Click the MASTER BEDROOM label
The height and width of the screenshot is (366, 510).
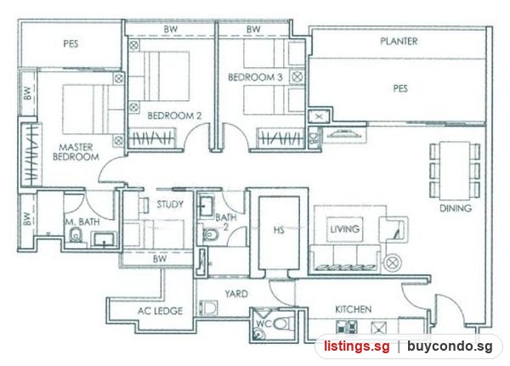click(x=76, y=152)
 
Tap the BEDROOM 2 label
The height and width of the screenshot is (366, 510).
click(x=174, y=115)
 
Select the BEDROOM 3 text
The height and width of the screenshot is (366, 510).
click(x=255, y=77)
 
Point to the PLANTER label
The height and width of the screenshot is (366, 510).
click(x=399, y=41)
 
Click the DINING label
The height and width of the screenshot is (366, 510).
click(x=456, y=208)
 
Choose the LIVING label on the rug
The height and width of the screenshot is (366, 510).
click(x=345, y=229)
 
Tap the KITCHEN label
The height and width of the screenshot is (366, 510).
click(x=354, y=309)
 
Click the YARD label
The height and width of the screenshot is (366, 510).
click(x=236, y=294)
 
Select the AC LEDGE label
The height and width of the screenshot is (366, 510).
click(x=160, y=311)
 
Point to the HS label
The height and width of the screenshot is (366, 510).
click(x=279, y=230)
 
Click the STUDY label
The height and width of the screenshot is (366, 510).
click(x=170, y=205)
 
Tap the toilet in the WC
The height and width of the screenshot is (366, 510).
click(x=282, y=324)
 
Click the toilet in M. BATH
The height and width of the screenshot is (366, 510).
click(x=76, y=234)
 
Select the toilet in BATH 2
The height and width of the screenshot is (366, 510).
click(x=211, y=234)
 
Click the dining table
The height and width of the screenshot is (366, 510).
click(x=455, y=171)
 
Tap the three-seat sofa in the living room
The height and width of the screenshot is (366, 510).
click(x=345, y=259)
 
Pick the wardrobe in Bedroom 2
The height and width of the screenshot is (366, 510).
click(x=152, y=138)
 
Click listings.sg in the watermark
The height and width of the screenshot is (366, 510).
click(x=356, y=346)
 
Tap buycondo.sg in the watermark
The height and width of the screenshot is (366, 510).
click(x=450, y=346)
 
